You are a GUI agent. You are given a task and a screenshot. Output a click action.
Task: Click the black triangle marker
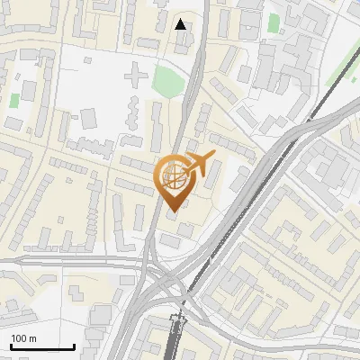click(182, 24)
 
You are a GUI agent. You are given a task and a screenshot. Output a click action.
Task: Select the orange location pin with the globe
click(173, 180)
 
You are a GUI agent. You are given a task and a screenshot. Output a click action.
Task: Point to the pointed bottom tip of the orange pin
click(172, 212)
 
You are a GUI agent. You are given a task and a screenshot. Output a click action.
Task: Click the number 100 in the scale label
click(20, 338)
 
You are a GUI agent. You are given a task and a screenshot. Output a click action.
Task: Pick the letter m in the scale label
click(32, 338)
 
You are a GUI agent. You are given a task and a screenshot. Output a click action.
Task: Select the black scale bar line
click(41, 346)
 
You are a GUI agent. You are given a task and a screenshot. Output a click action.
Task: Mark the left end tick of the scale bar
click(10, 345)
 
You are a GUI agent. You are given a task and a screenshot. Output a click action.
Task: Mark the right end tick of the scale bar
click(74, 345)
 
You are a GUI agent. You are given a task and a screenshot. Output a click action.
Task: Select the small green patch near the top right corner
click(274, 22)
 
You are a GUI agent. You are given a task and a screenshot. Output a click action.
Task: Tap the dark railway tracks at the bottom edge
click(176, 342)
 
